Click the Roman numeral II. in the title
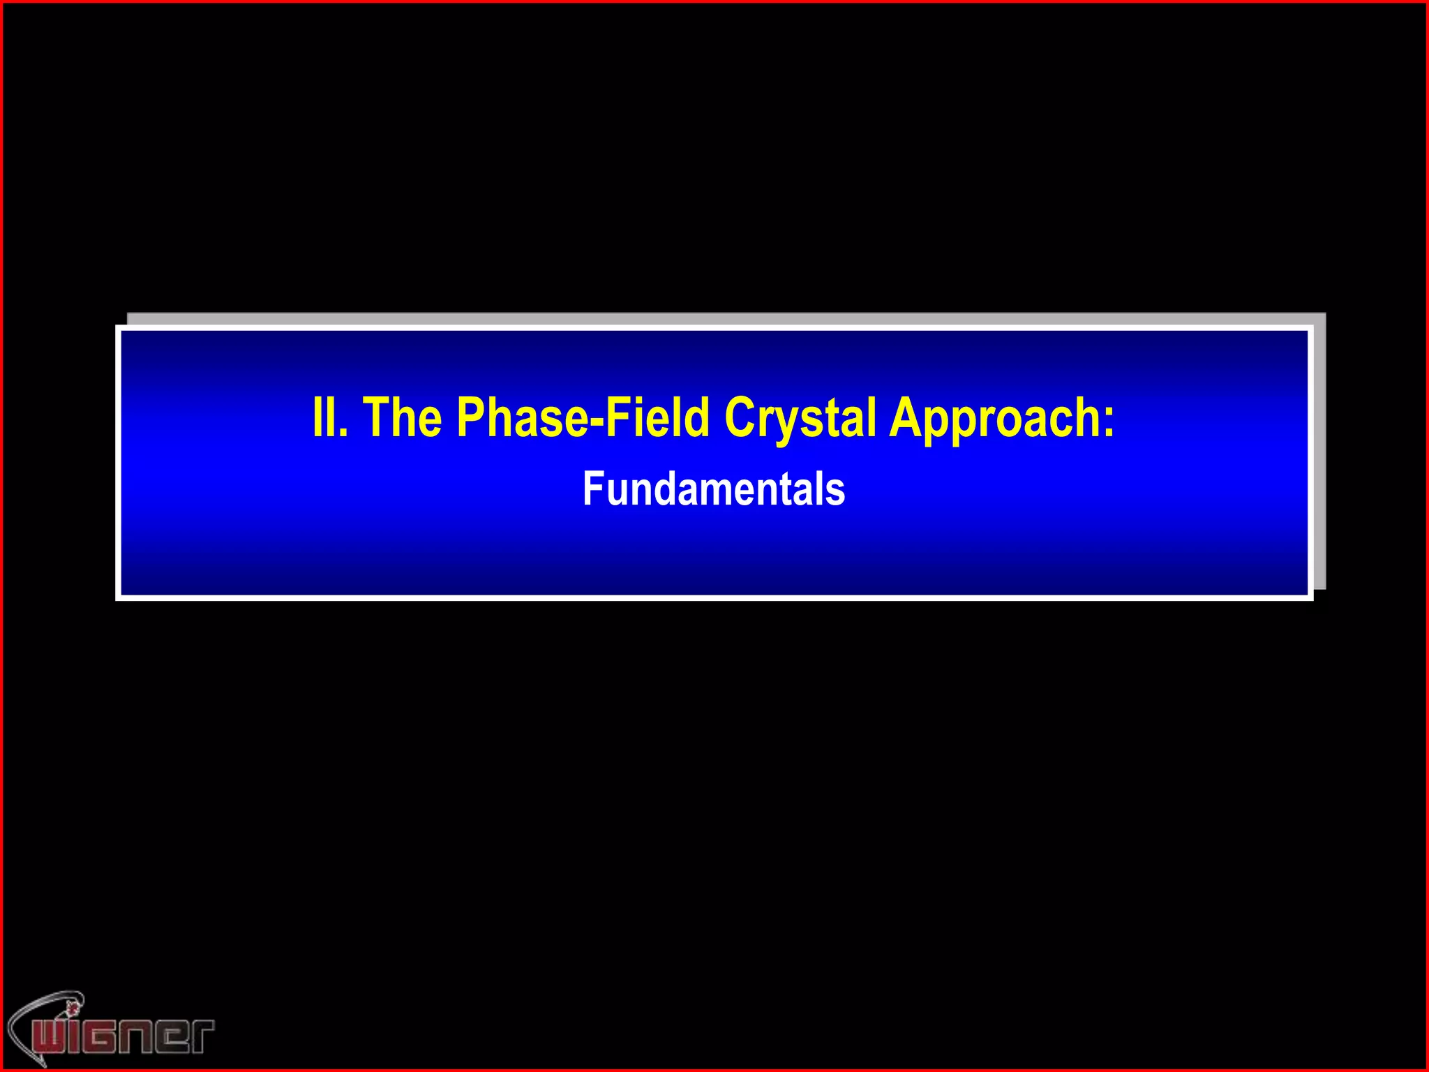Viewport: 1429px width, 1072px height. [x=329, y=417]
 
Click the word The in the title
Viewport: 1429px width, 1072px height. [x=403, y=417]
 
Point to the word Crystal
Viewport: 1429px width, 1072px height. [x=800, y=417]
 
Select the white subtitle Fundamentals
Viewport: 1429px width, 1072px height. [x=714, y=489]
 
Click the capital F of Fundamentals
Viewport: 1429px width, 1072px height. [x=592, y=489]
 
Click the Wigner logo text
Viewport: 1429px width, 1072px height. [x=122, y=1035]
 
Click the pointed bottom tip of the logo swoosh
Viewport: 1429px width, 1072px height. [x=43, y=1065]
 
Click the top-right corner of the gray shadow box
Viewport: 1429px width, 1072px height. [x=1324, y=314]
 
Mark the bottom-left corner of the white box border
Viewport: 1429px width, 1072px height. [x=118, y=598]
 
